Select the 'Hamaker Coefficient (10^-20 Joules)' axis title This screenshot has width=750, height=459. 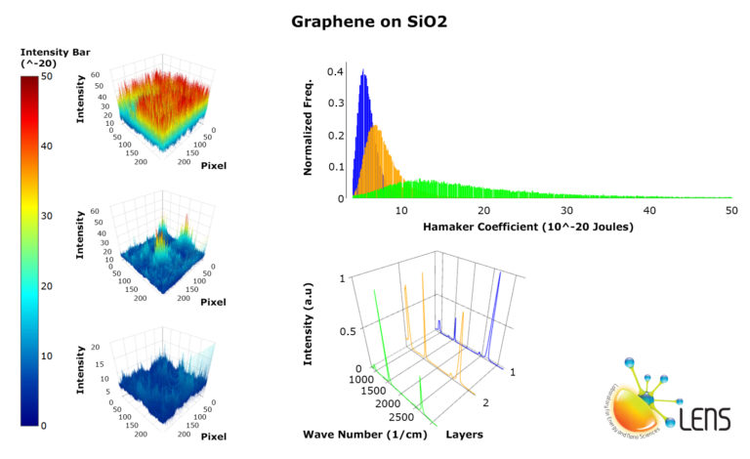(x=527, y=227)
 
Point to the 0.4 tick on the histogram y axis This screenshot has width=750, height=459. (x=334, y=71)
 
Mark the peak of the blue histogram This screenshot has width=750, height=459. (x=363, y=71)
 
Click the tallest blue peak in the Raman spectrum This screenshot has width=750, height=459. (x=501, y=275)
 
